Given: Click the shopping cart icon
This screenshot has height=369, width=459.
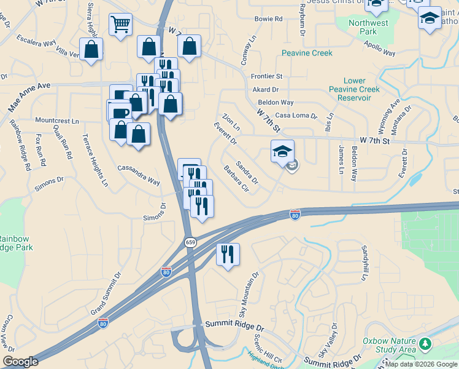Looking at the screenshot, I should (x=121, y=25).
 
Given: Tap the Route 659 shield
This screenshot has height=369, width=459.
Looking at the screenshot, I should (x=190, y=242).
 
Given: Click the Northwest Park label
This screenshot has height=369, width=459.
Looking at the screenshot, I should (x=368, y=27).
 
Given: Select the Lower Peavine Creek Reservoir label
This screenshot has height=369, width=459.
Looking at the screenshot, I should (x=354, y=89).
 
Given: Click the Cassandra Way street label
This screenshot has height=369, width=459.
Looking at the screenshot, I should (x=139, y=174).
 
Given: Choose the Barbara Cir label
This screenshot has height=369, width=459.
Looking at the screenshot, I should (x=236, y=178).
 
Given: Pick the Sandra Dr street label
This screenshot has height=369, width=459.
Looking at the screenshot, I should (x=247, y=173).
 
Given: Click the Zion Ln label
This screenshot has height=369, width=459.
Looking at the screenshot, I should (x=231, y=122).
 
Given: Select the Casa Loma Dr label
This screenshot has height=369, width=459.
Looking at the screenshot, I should (x=296, y=116).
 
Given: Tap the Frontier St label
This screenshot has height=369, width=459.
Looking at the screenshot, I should (x=266, y=76).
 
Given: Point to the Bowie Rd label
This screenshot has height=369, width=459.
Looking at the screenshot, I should (x=268, y=19).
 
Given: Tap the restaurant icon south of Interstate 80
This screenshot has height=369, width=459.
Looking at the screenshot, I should (x=228, y=255).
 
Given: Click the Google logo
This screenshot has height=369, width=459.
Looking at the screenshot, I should (x=20, y=362).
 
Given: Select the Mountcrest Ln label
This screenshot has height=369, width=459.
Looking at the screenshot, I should (x=57, y=121).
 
